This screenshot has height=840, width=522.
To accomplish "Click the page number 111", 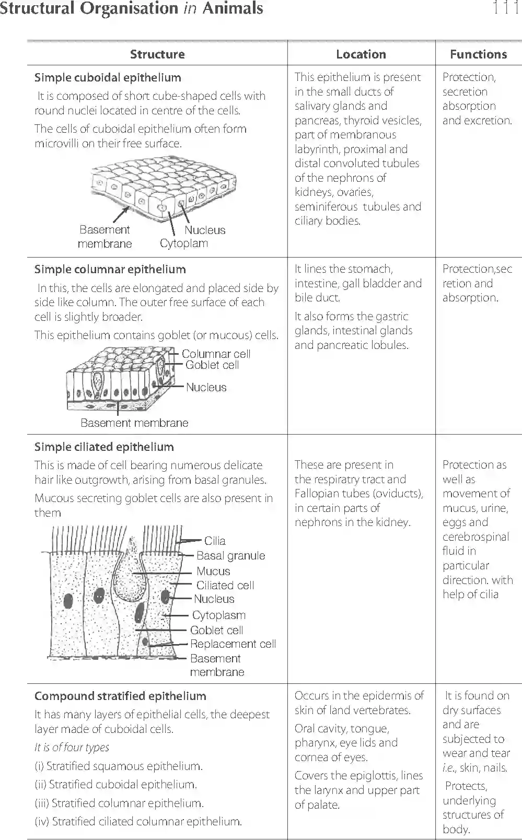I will click(x=505, y=8).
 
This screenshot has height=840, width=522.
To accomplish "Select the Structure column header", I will click(x=157, y=54).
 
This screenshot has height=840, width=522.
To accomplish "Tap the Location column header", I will click(x=361, y=54).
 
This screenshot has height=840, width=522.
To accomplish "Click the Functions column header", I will click(x=478, y=54).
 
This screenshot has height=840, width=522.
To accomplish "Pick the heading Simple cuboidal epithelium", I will click(x=108, y=78).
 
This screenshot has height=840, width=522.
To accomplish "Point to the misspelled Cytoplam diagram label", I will click(x=183, y=243).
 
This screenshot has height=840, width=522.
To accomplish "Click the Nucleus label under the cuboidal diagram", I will click(x=205, y=230).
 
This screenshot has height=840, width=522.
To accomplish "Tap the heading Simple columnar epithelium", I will click(x=110, y=270).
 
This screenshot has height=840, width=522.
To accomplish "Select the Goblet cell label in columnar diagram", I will click(x=212, y=365).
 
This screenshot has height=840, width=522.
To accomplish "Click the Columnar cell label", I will click(x=216, y=354).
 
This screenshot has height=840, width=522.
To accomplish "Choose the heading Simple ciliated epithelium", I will click(x=104, y=447).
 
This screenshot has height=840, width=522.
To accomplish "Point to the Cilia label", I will click(x=215, y=541).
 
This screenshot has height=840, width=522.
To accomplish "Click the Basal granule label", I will click(x=230, y=556).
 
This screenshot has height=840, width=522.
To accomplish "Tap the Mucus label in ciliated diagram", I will click(x=213, y=571).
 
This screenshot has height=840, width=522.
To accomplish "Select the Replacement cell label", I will click(x=233, y=644).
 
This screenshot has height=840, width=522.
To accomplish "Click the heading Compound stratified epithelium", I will click(x=120, y=696).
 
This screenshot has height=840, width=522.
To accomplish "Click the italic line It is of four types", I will click(x=72, y=748).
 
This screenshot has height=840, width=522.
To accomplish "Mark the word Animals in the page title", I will click(x=233, y=8).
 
